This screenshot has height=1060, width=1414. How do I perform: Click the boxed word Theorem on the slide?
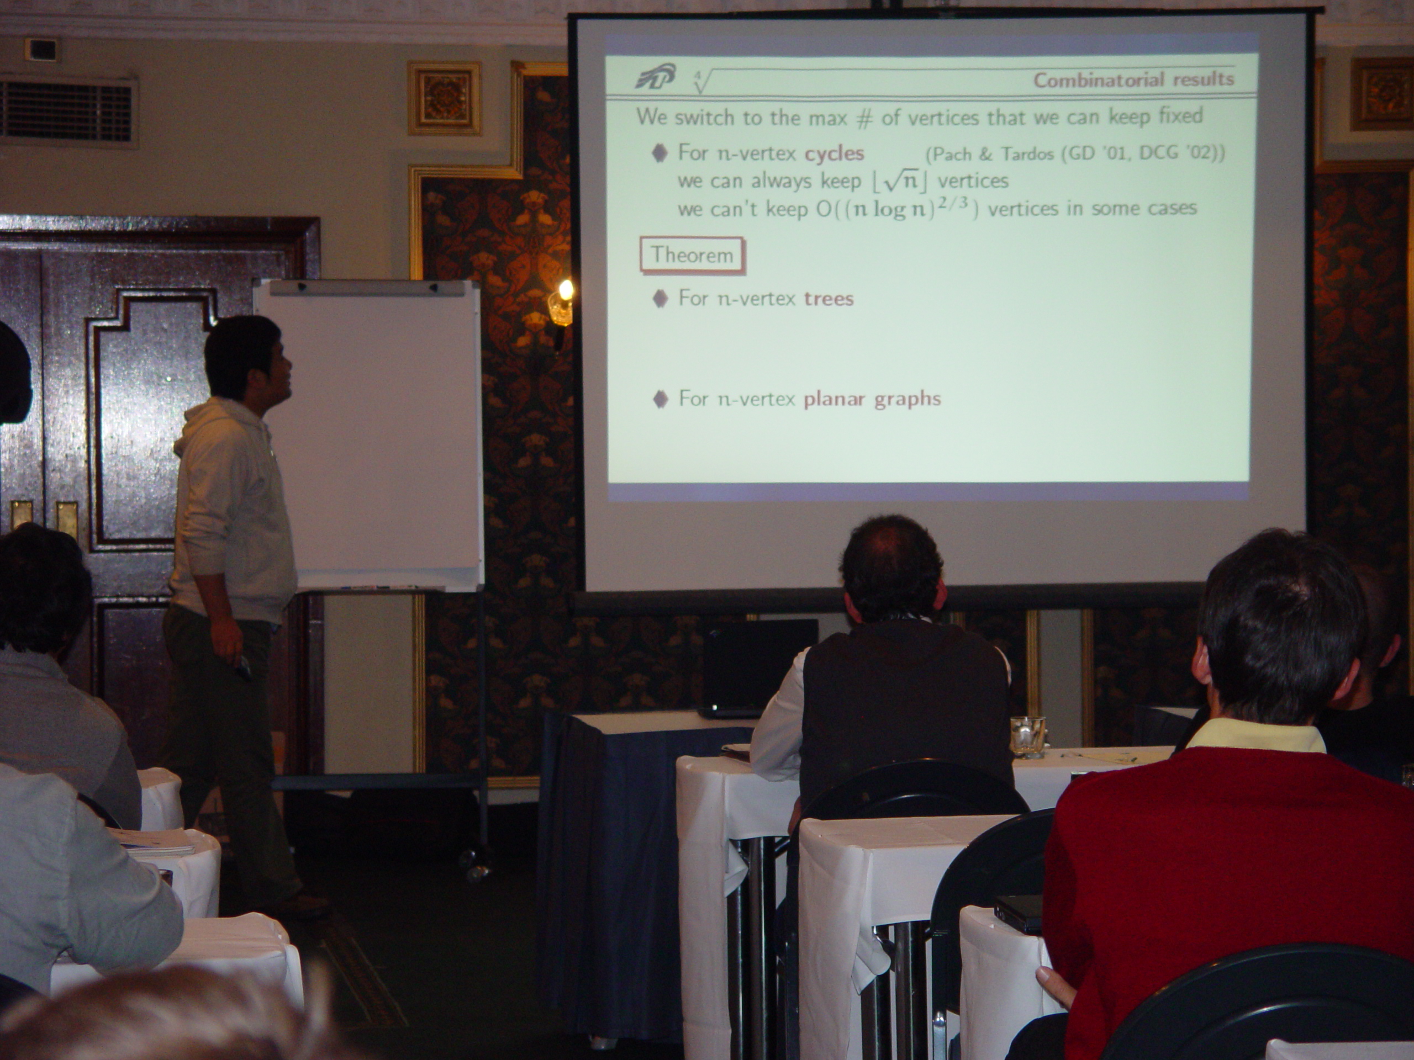pos(692,256)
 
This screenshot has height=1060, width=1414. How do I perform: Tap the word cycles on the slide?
pos(834,154)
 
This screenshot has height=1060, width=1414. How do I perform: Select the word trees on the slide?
pos(829,298)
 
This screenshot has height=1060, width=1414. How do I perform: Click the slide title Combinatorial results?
pos(1133,80)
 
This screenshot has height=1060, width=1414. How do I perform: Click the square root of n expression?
pos(898,182)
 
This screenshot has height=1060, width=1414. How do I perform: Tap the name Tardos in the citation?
pos(1030,154)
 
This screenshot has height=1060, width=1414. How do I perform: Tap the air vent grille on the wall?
pos(67,110)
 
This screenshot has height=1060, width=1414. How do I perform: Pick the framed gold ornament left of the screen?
pos(445,98)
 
